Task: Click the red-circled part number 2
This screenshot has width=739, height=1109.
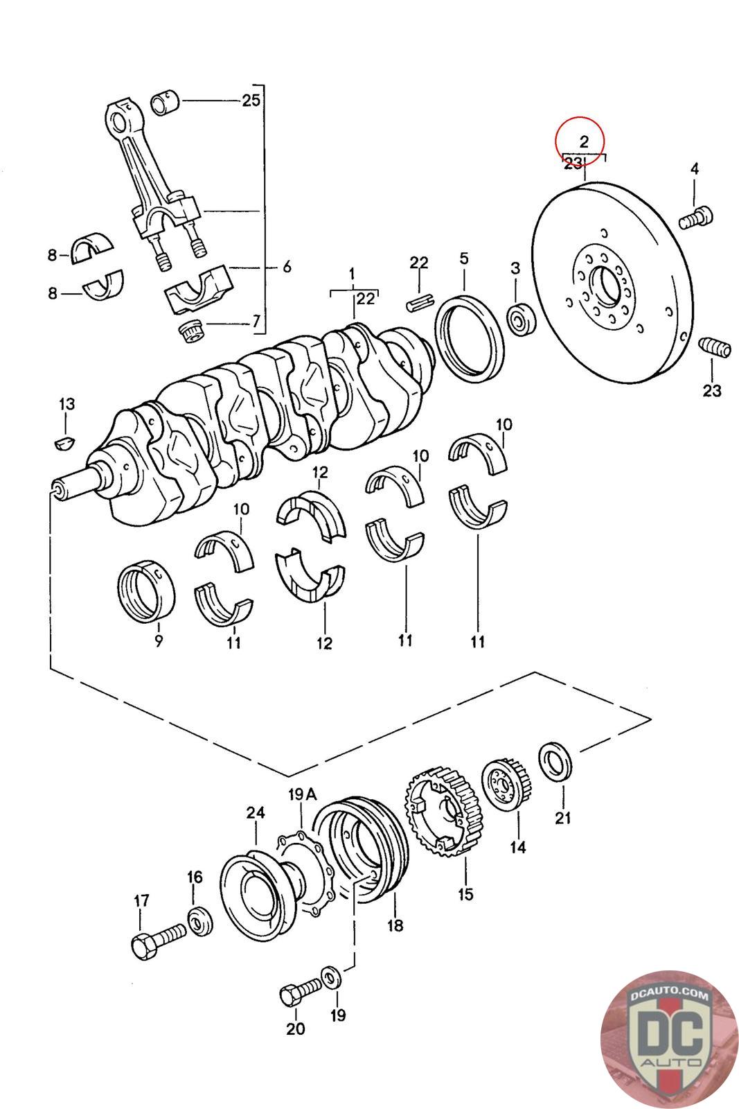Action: tap(583, 142)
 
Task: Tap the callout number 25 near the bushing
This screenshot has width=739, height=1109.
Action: tap(251, 101)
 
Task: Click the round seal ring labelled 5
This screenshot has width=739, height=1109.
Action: tap(470, 338)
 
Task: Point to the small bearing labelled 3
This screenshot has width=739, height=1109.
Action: tap(520, 319)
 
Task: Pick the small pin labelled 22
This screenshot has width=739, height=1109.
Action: tap(420, 302)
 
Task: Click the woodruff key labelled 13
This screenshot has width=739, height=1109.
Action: tap(64, 441)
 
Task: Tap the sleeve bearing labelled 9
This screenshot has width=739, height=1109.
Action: tap(145, 590)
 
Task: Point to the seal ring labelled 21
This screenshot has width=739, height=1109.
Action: tap(556, 762)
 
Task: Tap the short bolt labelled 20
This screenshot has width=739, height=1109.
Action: tap(299, 995)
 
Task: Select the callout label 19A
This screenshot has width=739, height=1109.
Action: tap(302, 794)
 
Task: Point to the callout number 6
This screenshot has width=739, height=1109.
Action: tap(287, 266)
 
